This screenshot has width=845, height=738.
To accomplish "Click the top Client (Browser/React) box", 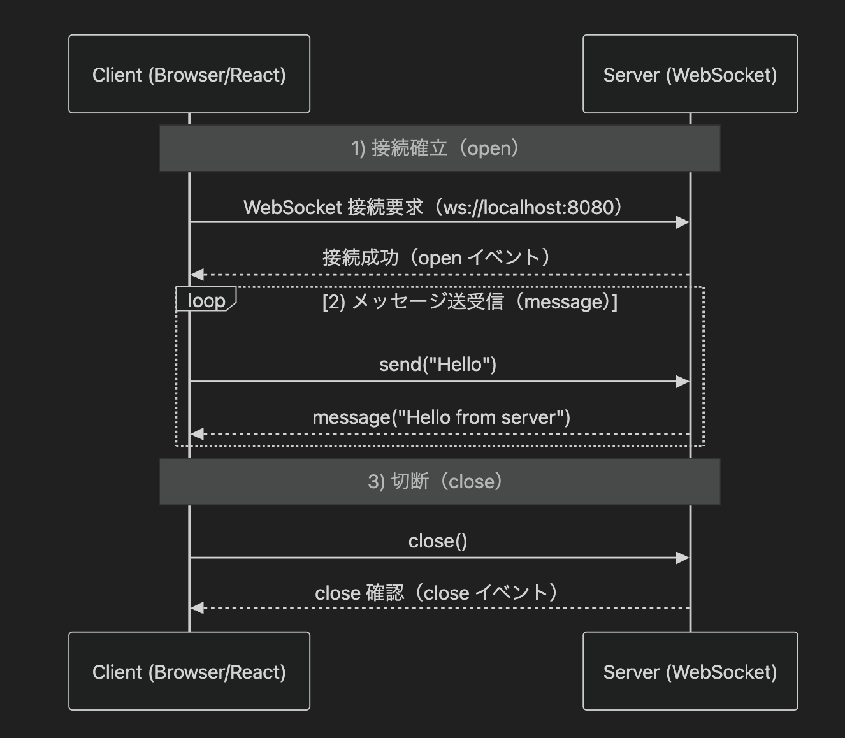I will pyautogui.click(x=189, y=75).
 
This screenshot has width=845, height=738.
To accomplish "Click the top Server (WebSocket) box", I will pyautogui.click(x=690, y=75).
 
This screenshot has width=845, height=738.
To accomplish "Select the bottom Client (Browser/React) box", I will pyautogui.click(x=189, y=671).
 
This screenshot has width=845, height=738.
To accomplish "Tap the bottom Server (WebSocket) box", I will pyautogui.click(x=690, y=671).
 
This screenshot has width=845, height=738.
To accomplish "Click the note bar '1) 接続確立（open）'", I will pyautogui.click(x=440, y=148).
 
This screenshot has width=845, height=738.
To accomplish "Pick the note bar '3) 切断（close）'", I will pyautogui.click(x=440, y=481).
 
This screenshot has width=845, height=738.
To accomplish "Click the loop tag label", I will pyautogui.click(x=206, y=300).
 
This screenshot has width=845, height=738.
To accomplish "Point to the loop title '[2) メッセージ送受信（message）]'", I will pyautogui.click(x=470, y=301).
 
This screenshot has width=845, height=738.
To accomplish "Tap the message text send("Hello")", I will pyautogui.click(x=438, y=365).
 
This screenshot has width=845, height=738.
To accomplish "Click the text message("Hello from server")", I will pyautogui.click(x=441, y=417).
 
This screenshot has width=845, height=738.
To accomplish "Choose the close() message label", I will pyautogui.click(x=438, y=541).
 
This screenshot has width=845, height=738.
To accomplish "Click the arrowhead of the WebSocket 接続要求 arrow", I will pyautogui.click(x=683, y=222).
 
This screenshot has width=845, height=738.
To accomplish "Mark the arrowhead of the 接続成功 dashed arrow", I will pyautogui.click(x=197, y=275).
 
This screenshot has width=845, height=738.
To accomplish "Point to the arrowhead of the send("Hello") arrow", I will pyautogui.click(x=683, y=382).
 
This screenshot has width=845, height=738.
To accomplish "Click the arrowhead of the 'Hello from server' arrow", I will pyautogui.click(x=197, y=434).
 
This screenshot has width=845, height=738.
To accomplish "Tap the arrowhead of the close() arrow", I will pyautogui.click(x=683, y=558).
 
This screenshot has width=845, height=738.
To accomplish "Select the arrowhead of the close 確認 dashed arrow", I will pyautogui.click(x=197, y=608).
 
